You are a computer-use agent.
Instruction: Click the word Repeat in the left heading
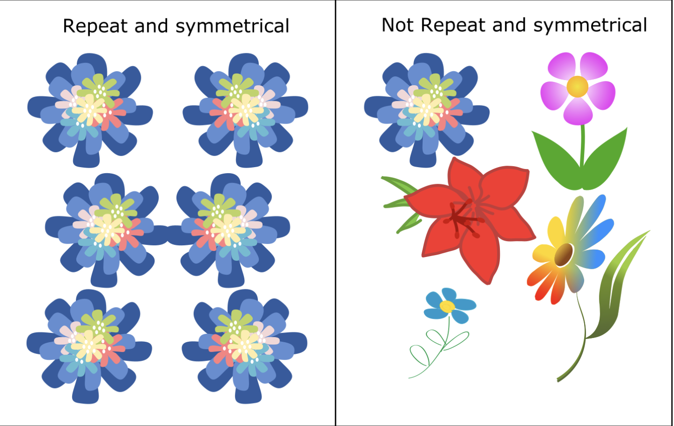pos(96,26)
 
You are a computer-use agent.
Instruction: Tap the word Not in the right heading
pos(398,25)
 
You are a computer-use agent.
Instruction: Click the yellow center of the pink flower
pos(577,87)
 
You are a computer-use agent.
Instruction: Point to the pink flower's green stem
pos(582,145)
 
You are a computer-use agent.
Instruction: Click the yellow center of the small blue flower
pos(447,307)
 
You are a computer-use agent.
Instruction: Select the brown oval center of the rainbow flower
pos(564,255)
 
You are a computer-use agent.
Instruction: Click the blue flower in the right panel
pos(426,110)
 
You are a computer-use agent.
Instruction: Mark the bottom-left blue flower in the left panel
pos(89,346)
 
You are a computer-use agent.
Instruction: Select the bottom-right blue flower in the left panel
pos(244,346)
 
